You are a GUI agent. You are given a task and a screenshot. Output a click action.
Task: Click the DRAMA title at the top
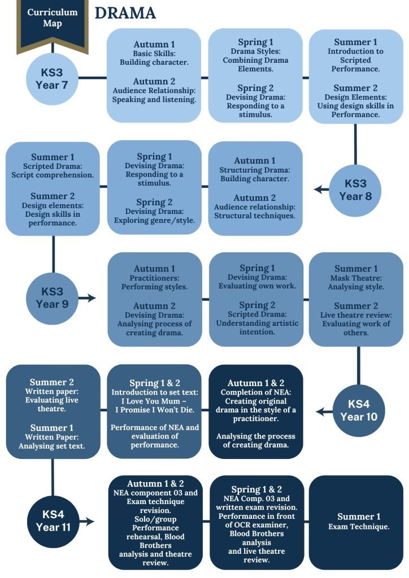point(125,13)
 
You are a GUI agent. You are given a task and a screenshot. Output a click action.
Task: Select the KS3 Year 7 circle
point(52,78)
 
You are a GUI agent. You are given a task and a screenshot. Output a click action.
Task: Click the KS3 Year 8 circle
point(355,190)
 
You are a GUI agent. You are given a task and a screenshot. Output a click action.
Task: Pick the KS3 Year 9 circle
point(53,298)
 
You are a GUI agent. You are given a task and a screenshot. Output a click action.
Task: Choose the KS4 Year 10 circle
point(359,411)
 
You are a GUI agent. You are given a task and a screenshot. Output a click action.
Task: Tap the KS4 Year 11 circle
point(53,521)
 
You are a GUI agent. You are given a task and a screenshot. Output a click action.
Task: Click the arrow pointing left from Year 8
point(321,190)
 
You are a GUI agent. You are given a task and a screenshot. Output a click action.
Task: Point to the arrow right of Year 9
point(87,298)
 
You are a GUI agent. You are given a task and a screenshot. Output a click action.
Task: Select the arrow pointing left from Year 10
point(324,411)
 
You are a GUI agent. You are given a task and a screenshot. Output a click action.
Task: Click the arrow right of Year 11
point(87,521)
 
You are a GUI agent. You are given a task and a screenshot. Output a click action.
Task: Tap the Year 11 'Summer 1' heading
point(359,516)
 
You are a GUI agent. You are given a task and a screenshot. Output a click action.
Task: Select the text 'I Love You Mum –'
point(154,401)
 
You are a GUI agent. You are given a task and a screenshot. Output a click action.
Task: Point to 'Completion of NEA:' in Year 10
point(256,392)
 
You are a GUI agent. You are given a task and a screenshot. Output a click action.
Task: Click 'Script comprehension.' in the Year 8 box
point(53,175)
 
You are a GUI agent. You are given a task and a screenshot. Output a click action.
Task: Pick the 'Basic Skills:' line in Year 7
point(154,54)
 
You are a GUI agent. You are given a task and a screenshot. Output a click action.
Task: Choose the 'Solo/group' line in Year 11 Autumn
point(155,519)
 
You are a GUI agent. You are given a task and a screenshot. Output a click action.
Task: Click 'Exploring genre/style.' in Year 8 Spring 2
point(154,221)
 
